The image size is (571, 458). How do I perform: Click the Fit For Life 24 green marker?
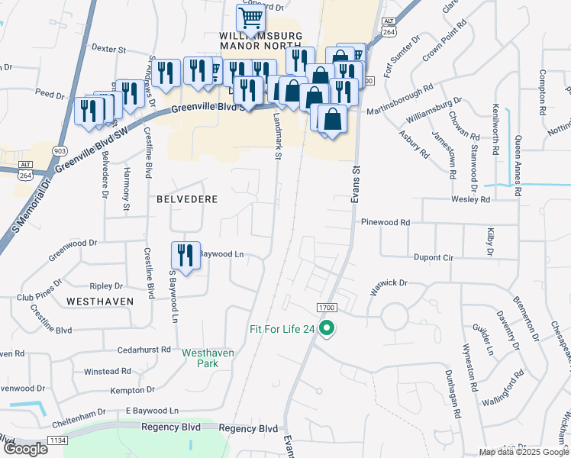coord(327,330)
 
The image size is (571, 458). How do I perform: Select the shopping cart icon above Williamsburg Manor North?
coord(250,17)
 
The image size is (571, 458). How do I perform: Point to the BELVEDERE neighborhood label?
coord(187,199)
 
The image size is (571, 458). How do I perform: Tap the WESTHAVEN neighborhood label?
coord(100,302)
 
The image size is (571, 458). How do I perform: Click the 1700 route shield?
coord(327,307)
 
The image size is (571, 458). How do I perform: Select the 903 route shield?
coord(60,150)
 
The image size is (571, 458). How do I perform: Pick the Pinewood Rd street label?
coord(386,222)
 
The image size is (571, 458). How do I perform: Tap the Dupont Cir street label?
coord(433,258)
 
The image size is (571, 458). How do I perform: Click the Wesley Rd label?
coord(473,199)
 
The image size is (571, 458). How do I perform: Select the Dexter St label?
coord(108,48)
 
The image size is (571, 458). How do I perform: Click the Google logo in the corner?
coord(24,449)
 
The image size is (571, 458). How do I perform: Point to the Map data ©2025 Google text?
coord(524,452)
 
